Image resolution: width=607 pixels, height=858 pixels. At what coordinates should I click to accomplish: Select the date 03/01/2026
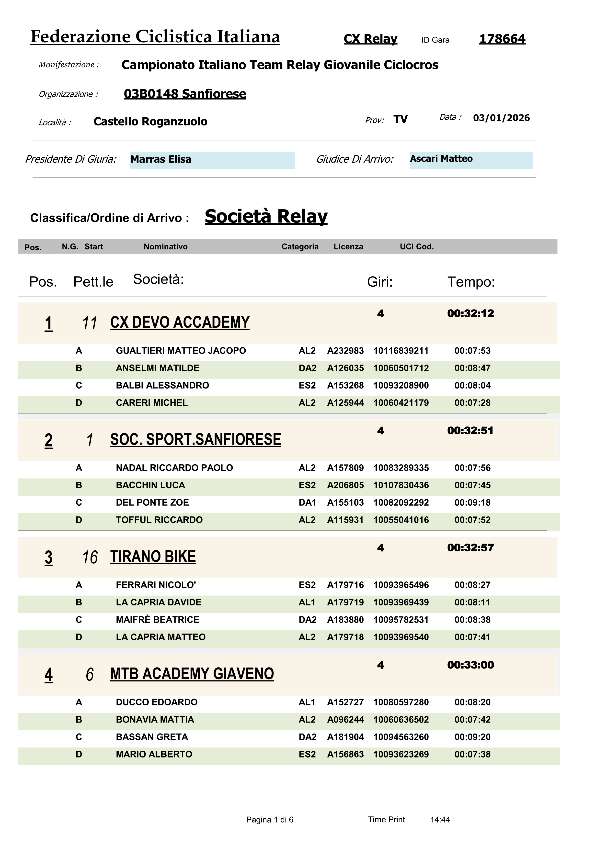501,118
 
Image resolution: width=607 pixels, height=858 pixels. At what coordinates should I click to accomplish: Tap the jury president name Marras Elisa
161,160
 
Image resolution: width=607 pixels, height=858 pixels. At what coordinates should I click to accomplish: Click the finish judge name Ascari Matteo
441,159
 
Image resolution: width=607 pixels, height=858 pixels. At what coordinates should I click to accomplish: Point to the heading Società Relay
266,216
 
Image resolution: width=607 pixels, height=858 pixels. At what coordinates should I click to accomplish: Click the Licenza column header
348,247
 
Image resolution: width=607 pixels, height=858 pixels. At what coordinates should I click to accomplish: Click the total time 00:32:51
470,431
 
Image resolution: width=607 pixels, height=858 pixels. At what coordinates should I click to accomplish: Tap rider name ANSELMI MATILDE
158,368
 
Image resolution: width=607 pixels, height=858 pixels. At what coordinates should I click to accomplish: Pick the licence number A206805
345,485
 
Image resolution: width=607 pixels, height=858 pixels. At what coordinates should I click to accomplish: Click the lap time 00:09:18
472,503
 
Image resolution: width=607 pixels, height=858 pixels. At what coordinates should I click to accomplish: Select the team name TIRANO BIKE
153,557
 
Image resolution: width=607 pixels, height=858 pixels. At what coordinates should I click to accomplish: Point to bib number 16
90,557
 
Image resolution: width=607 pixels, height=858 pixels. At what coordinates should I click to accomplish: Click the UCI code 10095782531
401,620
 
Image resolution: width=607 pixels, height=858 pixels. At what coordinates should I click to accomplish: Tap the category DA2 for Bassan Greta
308,737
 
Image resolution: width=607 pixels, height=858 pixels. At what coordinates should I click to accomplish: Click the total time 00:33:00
470,665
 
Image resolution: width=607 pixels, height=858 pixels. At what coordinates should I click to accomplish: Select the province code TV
400,120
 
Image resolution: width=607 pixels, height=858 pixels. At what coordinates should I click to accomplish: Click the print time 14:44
440,820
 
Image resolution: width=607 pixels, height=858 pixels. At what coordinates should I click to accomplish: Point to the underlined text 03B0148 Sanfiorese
185,94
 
